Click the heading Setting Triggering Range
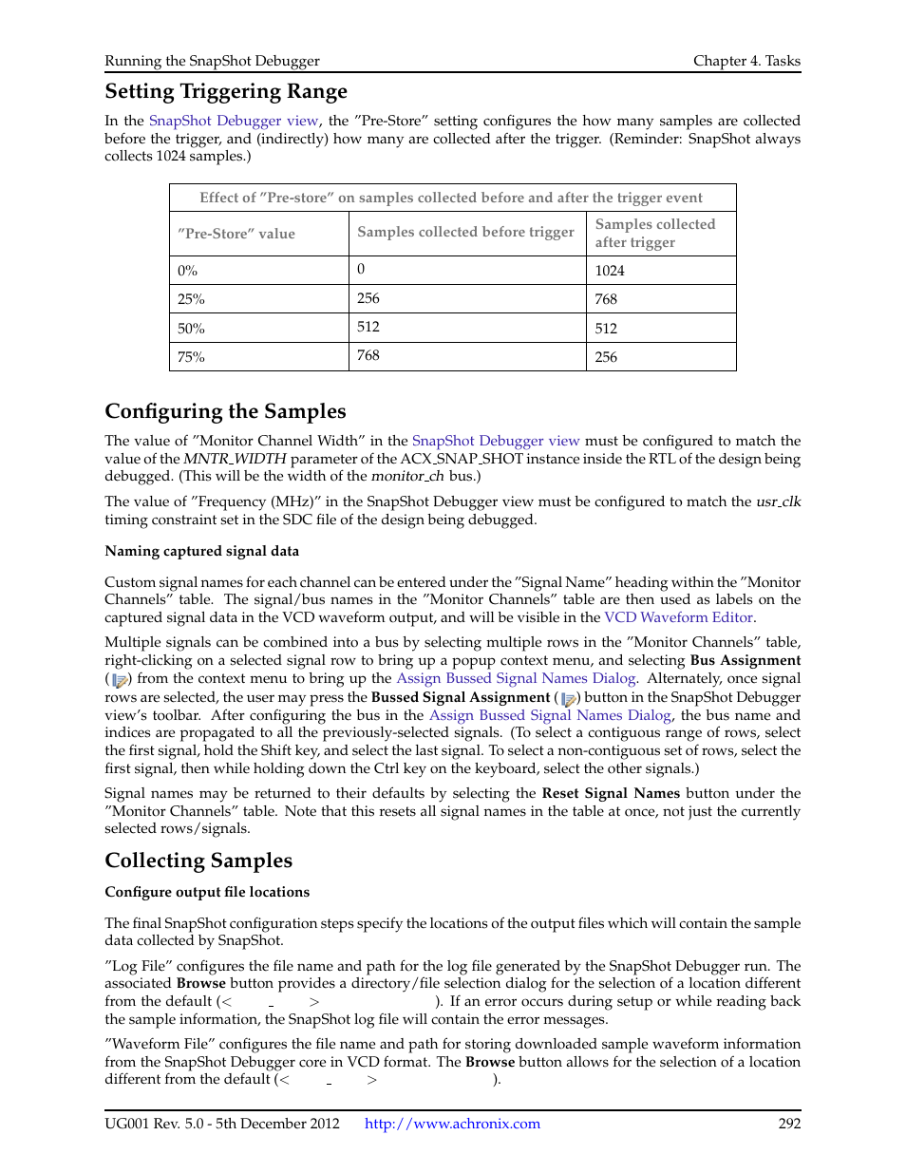(226, 92)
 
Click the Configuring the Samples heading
(225, 411)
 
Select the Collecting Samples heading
(198, 861)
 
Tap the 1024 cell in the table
(610, 271)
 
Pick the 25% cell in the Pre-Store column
(191, 299)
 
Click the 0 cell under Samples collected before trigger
(361, 270)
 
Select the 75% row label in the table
(191, 357)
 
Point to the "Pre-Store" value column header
(236, 234)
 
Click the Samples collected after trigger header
(654, 233)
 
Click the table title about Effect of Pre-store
(451, 198)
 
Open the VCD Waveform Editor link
(678, 617)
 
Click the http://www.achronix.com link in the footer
(452, 1124)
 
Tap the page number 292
(789, 1124)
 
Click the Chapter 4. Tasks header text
(746, 61)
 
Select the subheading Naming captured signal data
(201, 551)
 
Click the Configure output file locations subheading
(207, 892)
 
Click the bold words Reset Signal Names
(611, 793)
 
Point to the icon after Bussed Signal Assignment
(570, 698)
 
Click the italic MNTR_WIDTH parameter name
(221, 459)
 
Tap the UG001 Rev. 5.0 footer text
(221, 1124)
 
